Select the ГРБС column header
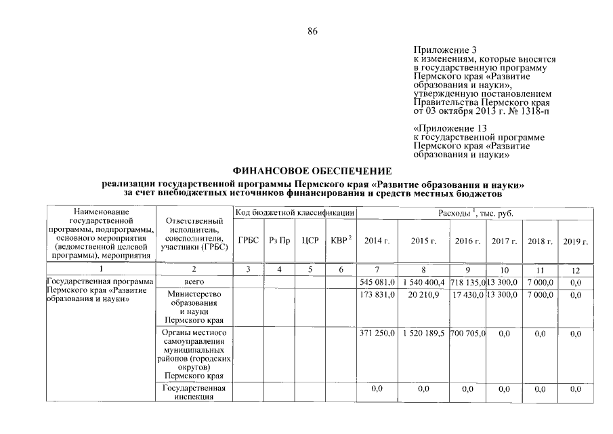(x=249, y=241)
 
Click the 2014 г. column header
(x=377, y=241)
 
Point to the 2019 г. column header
(x=575, y=241)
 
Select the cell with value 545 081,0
(x=377, y=281)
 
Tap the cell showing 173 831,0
(x=377, y=294)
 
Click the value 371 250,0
(x=377, y=334)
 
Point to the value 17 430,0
(x=467, y=294)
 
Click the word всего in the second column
(x=194, y=281)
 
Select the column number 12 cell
(x=575, y=270)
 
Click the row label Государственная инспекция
(x=194, y=393)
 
